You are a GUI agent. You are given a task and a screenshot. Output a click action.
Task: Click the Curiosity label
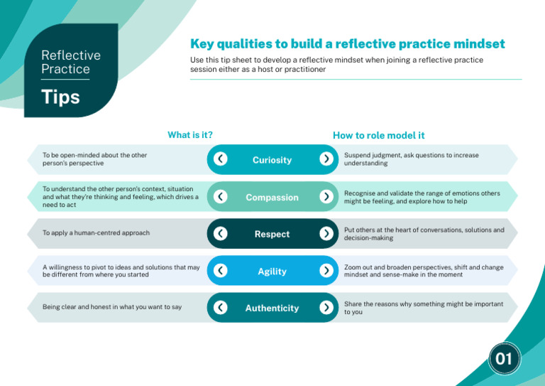pyautogui.click(x=272, y=160)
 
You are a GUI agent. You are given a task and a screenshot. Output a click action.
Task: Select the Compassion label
pyautogui.click(x=272, y=197)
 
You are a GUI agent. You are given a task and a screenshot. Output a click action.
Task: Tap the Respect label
pyautogui.click(x=272, y=234)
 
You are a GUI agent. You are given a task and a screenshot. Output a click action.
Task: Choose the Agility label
pyautogui.click(x=272, y=271)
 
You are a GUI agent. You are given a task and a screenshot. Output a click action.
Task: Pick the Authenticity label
pyautogui.click(x=272, y=308)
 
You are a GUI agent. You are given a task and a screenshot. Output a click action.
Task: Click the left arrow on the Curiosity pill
pyautogui.click(x=221, y=159)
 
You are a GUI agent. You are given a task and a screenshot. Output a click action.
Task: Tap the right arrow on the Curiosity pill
pyautogui.click(x=326, y=159)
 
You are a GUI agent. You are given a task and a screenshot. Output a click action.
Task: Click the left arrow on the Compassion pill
pyautogui.click(x=221, y=196)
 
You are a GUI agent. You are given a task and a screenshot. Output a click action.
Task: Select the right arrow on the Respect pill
pyautogui.click(x=326, y=233)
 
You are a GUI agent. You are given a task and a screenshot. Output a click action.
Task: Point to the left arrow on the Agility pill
pyautogui.click(x=221, y=270)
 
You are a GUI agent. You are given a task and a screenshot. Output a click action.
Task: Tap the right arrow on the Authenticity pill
pyautogui.click(x=326, y=307)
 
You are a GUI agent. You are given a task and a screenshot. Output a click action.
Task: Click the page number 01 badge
pyautogui.click(x=504, y=359)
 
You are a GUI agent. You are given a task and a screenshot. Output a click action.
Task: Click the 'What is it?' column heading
pyautogui.click(x=190, y=134)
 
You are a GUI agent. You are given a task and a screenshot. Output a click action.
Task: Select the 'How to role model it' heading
pyautogui.click(x=379, y=135)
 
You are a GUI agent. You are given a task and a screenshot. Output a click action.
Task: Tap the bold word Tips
pyautogui.click(x=60, y=97)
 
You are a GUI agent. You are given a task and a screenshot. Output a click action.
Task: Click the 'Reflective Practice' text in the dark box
pyautogui.click(x=71, y=62)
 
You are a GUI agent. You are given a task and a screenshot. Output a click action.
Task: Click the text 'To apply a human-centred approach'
pyautogui.click(x=97, y=232)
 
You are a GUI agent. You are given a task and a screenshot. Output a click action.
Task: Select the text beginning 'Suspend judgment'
pyautogui.click(x=411, y=159)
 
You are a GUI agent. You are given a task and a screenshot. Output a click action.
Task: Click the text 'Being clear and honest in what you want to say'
pyautogui.click(x=112, y=307)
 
